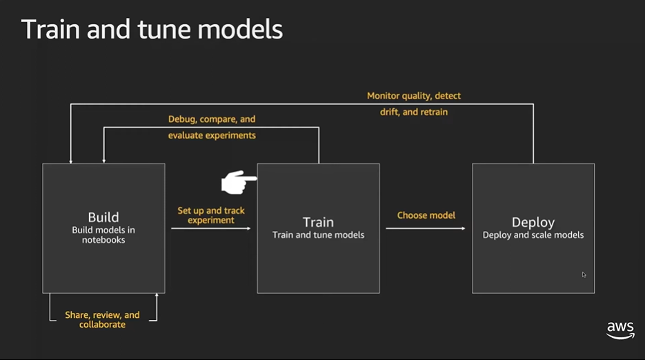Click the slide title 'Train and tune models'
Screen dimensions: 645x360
[152, 29]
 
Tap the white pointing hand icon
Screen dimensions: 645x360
[239, 182]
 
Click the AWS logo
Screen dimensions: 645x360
[620, 330]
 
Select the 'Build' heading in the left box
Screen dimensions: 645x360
[103, 217]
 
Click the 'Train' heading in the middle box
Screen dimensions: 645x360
[318, 222]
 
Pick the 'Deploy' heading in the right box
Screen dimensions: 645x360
[533, 222]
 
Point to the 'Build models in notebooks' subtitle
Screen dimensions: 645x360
[103, 235]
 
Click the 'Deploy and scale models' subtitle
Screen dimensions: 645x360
[533, 235]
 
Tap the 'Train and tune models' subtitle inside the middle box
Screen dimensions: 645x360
[318, 235]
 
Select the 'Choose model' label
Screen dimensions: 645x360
[426, 215]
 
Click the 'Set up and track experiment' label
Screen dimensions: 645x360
[211, 215]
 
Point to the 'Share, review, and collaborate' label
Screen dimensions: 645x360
[102, 320]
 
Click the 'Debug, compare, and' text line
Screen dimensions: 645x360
[212, 119]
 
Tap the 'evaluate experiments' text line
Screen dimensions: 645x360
[212, 135]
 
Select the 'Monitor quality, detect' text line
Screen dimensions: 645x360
[414, 96]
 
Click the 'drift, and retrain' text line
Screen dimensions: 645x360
[414, 112]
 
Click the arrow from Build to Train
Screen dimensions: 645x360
[211, 228]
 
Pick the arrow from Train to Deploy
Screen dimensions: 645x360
[426, 228]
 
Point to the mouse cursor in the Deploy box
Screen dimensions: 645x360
[584, 274]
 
